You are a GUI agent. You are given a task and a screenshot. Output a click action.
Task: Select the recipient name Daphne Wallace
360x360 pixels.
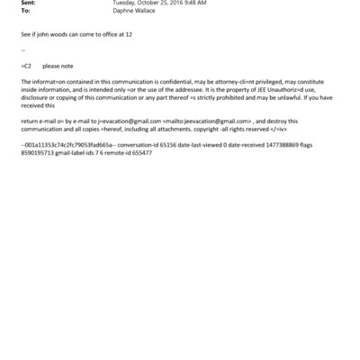point(134,13)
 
